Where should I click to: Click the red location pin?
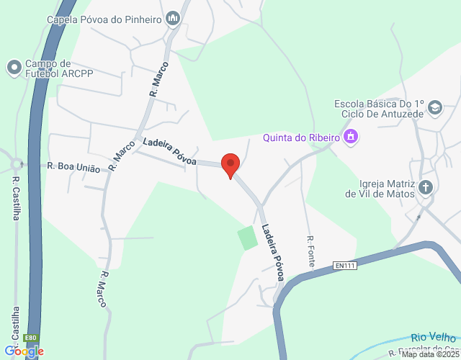tap(230, 165)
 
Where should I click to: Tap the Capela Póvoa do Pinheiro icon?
tap(173, 18)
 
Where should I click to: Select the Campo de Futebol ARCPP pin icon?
tap(14, 68)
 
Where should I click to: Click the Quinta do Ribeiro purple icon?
tap(351, 135)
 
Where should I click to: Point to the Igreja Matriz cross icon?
tap(426, 188)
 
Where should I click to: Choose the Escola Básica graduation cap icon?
tap(434, 109)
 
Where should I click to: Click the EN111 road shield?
tap(346, 266)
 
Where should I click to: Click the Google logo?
tap(24, 351)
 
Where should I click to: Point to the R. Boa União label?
tap(73, 166)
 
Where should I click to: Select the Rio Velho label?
tap(434, 337)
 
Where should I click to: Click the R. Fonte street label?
tap(311, 251)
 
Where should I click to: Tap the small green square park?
tap(248, 238)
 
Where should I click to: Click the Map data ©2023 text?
tap(430, 354)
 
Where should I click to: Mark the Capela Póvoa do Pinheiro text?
tap(104, 19)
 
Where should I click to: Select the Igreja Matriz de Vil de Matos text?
tap(380, 188)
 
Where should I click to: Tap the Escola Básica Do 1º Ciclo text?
tap(380, 109)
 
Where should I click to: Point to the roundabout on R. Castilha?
tap(10, 163)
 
